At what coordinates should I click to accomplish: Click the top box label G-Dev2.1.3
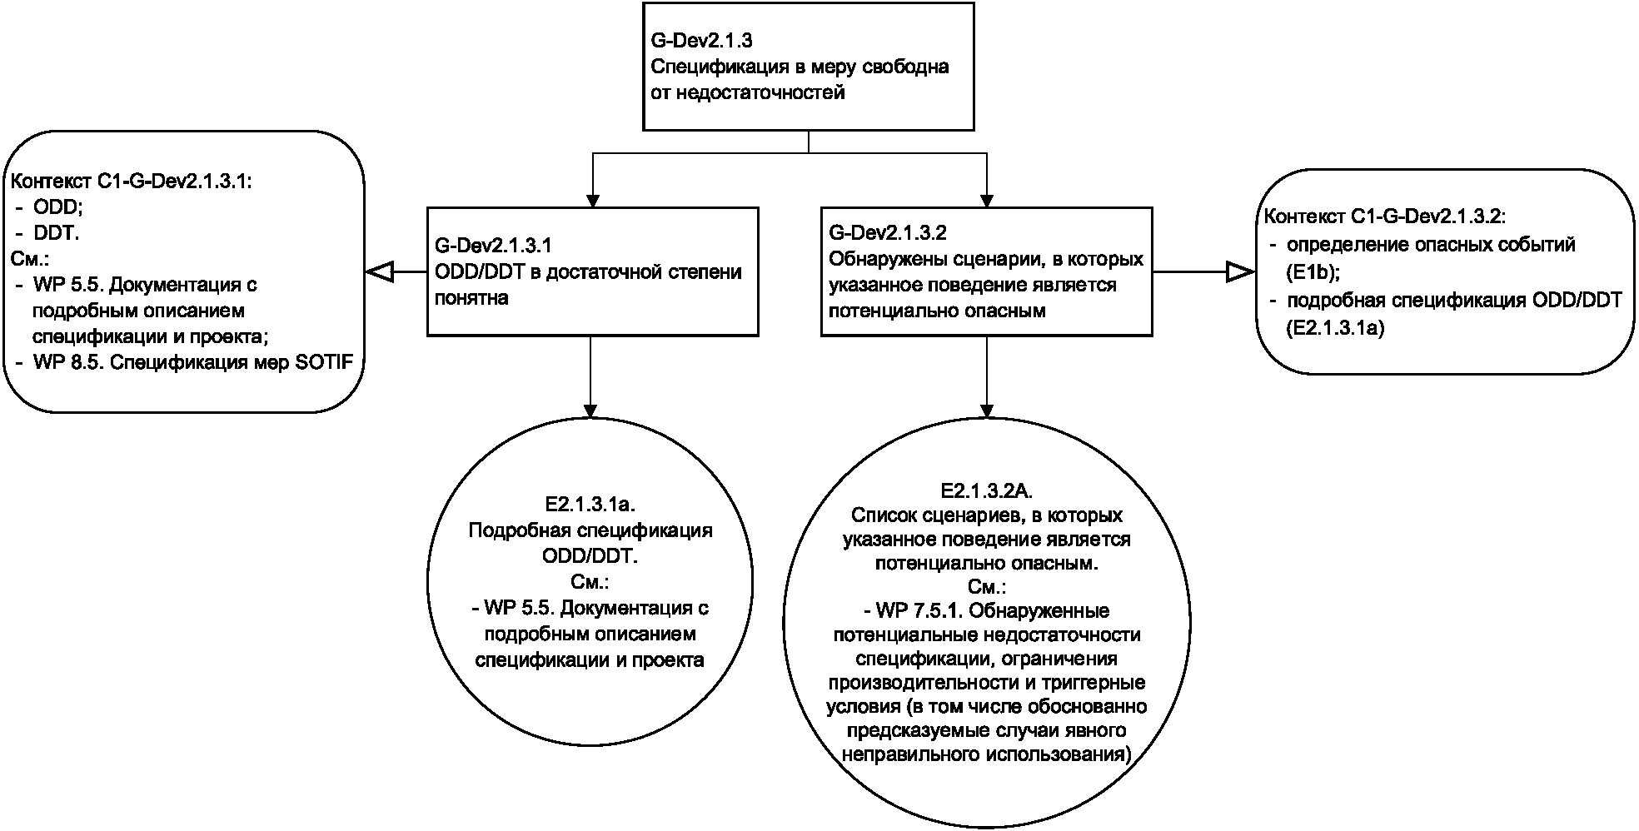702,39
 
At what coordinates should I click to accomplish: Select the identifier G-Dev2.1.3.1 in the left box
493,246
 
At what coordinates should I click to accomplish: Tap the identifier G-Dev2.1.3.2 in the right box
888,233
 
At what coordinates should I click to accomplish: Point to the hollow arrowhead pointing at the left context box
379,271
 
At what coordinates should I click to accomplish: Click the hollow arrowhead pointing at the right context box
1240,271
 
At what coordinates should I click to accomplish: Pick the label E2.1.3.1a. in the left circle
590,504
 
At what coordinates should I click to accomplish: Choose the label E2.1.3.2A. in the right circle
986,490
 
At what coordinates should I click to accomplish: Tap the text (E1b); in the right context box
1313,271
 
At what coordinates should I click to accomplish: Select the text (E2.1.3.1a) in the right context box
1334,328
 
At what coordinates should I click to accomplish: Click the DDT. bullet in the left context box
57,234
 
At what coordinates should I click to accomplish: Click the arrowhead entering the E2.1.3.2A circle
987,411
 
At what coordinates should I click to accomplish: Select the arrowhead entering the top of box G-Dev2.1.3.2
987,200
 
